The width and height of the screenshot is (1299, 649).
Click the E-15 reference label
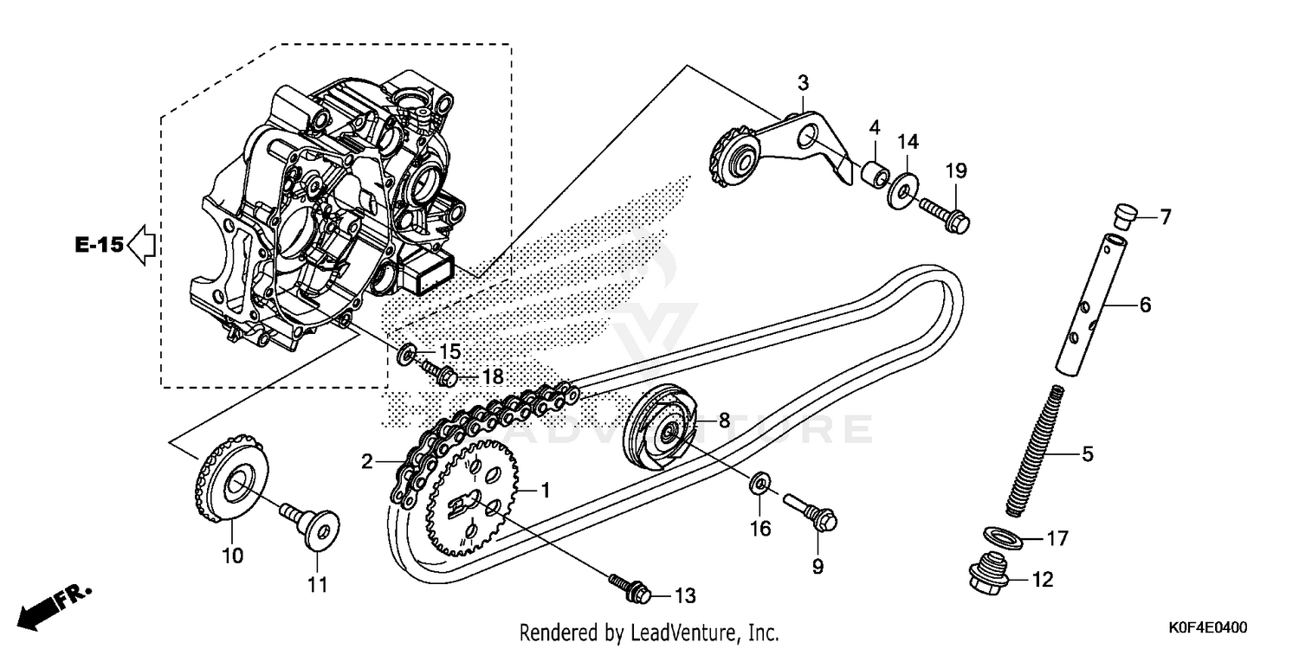pyautogui.click(x=98, y=244)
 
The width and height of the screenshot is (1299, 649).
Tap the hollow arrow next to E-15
pyautogui.click(x=140, y=244)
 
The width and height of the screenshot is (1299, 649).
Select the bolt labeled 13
pyautogui.click(x=629, y=589)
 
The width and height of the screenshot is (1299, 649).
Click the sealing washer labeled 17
pyautogui.click(x=1003, y=537)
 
